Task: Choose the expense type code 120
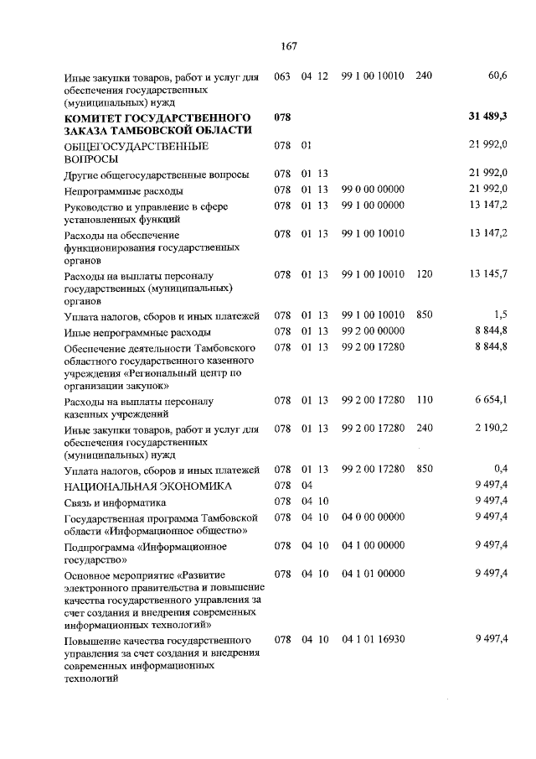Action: point(424,274)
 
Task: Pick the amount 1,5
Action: point(501,315)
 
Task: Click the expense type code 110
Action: point(424,401)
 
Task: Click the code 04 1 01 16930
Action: point(374,639)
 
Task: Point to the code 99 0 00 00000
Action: point(374,190)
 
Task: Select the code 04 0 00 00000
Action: point(374,517)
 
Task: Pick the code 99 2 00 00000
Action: point(374,331)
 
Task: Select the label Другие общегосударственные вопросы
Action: point(157,174)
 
